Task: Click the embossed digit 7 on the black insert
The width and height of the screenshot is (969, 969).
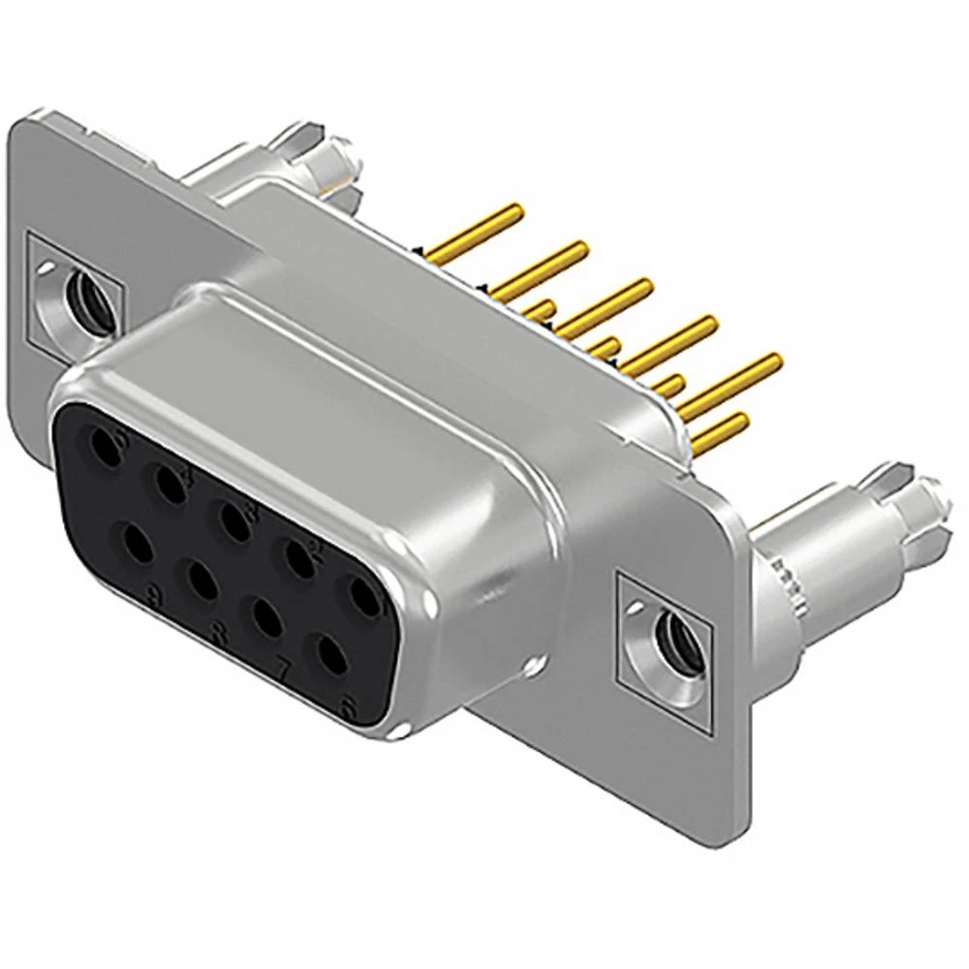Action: (284, 669)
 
